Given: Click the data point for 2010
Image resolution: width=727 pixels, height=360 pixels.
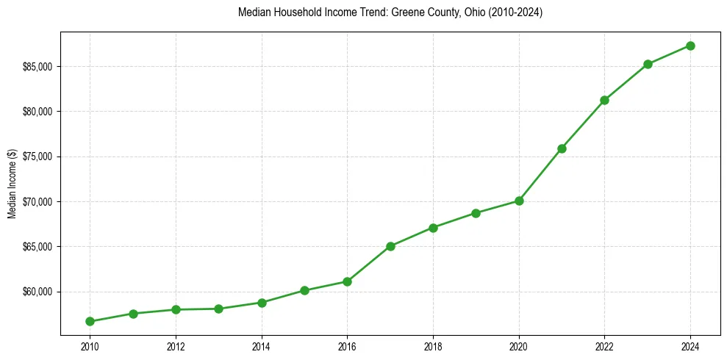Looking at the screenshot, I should pos(90,321).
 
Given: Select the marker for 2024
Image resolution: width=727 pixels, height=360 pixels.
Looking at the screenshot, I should pos(690,46).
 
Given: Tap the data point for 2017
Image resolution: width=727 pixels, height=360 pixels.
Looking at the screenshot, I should pos(390,246).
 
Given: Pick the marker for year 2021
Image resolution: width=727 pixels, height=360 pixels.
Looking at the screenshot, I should pos(562,148).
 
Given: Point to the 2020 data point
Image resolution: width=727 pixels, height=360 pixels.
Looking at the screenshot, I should pos(519,201).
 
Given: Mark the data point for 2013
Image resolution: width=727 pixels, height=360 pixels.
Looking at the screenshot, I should pos(218,309).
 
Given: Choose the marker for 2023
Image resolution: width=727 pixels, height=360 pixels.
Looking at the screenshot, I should pos(648,64).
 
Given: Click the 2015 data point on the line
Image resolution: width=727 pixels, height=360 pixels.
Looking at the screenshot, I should pos(304,290).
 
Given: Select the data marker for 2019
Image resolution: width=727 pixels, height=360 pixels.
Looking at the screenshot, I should pos(476,213).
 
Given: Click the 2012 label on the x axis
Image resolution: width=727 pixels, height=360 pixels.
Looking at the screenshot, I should pos(176,346).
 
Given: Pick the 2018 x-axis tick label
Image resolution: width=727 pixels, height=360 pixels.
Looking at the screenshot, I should pos(433,346).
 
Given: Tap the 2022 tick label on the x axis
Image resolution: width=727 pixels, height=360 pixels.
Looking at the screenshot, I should pos(604,346).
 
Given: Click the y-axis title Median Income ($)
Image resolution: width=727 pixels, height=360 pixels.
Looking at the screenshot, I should pos(12,184).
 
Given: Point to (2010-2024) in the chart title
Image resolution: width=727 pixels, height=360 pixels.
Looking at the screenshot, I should pos(515,13).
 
